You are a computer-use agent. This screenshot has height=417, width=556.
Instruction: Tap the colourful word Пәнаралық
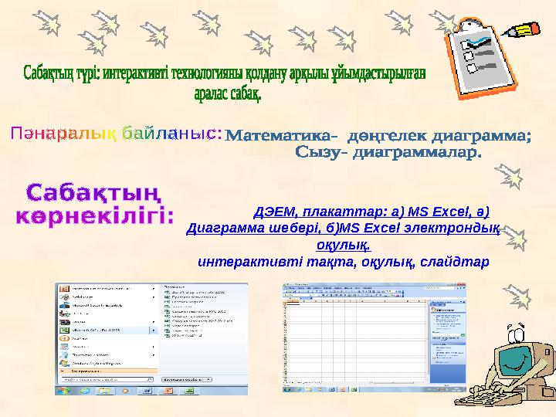(x=63, y=134)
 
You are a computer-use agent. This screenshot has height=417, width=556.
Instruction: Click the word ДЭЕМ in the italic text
(x=275, y=211)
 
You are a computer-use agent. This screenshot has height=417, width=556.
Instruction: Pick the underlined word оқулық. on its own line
(x=343, y=245)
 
